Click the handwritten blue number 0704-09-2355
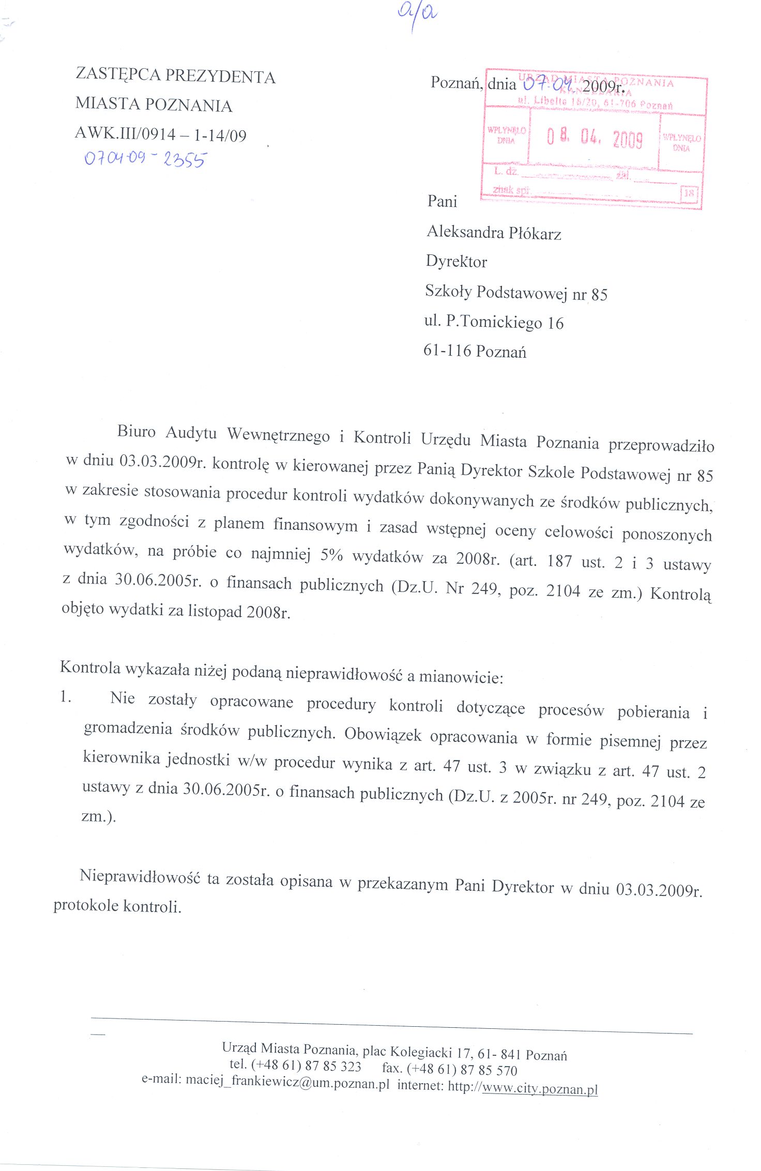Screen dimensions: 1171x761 (x=145, y=158)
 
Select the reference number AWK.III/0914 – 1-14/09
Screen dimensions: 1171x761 (x=161, y=134)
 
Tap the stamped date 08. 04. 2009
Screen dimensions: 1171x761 (x=595, y=138)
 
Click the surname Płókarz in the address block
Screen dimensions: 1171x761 (x=535, y=234)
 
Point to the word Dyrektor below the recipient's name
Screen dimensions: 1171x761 (x=456, y=262)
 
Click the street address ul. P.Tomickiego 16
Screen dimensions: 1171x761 (x=493, y=322)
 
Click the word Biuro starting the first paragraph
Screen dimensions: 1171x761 (x=136, y=431)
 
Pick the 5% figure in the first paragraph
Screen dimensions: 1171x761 (x=331, y=555)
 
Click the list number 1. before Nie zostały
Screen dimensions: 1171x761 (x=65, y=697)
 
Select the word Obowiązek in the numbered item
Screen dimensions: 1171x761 (x=383, y=734)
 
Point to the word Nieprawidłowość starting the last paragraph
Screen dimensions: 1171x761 (x=140, y=876)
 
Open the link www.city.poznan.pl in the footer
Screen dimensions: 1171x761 (x=539, y=1088)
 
